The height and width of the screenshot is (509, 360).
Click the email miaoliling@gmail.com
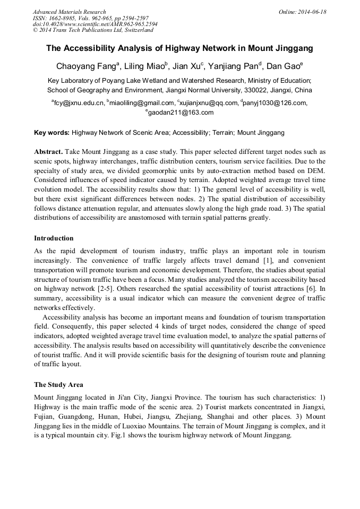(142, 103)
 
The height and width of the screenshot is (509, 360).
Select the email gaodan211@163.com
(181, 113)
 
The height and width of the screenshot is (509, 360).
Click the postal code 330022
(249, 90)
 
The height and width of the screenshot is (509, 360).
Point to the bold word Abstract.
(49, 151)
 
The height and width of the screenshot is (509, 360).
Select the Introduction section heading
(54, 238)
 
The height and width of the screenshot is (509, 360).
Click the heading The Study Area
(58, 385)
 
